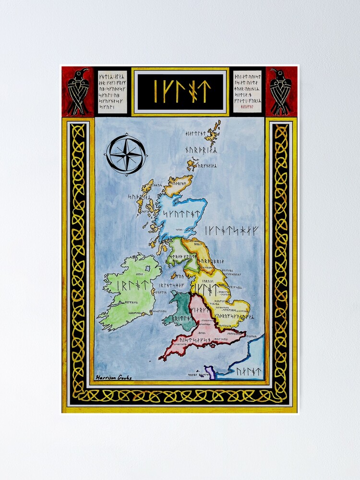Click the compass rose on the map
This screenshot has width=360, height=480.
[125, 153]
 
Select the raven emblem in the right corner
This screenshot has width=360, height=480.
[281, 91]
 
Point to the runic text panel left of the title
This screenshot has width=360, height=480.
[112, 91]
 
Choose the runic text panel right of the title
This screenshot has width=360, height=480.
[247, 91]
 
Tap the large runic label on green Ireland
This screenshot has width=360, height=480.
[132, 286]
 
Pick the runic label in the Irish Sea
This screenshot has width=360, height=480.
[170, 285]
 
